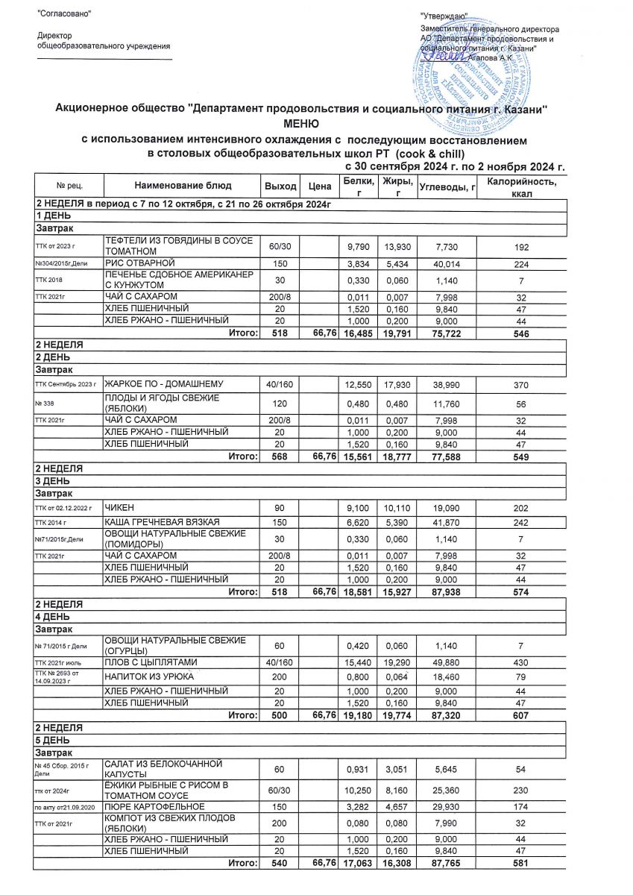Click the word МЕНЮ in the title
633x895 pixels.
pyautogui.click(x=301, y=123)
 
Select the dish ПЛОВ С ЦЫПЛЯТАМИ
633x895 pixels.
pyautogui.click(x=153, y=662)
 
